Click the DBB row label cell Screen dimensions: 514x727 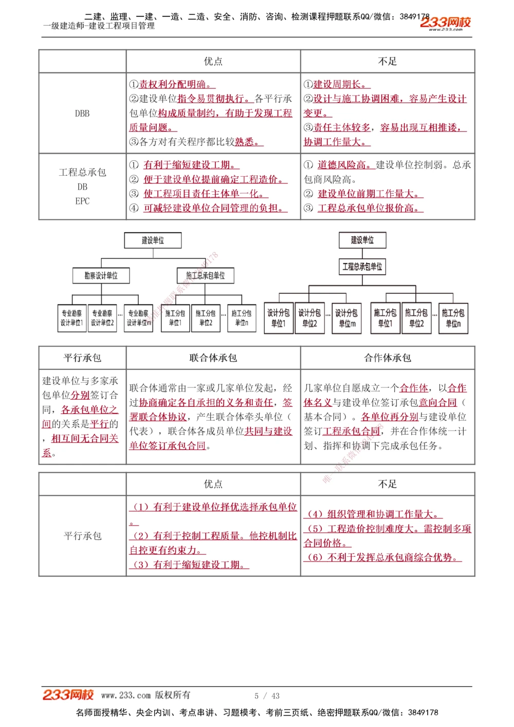pos(82,114)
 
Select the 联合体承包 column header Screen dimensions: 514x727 pos(213,358)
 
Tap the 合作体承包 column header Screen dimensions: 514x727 pos(388,358)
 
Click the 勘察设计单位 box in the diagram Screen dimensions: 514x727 pos(101,276)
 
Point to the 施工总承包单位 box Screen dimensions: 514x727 pos(205,276)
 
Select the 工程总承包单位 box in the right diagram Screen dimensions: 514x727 pos(362,267)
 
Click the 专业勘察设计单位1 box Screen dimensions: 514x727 pos(72,318)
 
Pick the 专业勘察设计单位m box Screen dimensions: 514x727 pos(139,318)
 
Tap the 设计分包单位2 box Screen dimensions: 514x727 pos(309,318)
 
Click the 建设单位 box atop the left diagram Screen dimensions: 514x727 pos(153,240)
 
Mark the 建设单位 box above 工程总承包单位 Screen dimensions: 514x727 pos(362,240)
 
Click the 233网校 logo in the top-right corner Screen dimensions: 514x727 pos(445,23)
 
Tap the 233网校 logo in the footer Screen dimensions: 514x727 pos(68,695)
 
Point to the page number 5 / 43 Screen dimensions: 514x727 pos(267,696)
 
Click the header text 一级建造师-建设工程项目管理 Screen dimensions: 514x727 pos(99,26)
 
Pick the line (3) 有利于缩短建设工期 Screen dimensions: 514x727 pos(190,565)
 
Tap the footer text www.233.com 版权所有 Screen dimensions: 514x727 pos(145,695)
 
